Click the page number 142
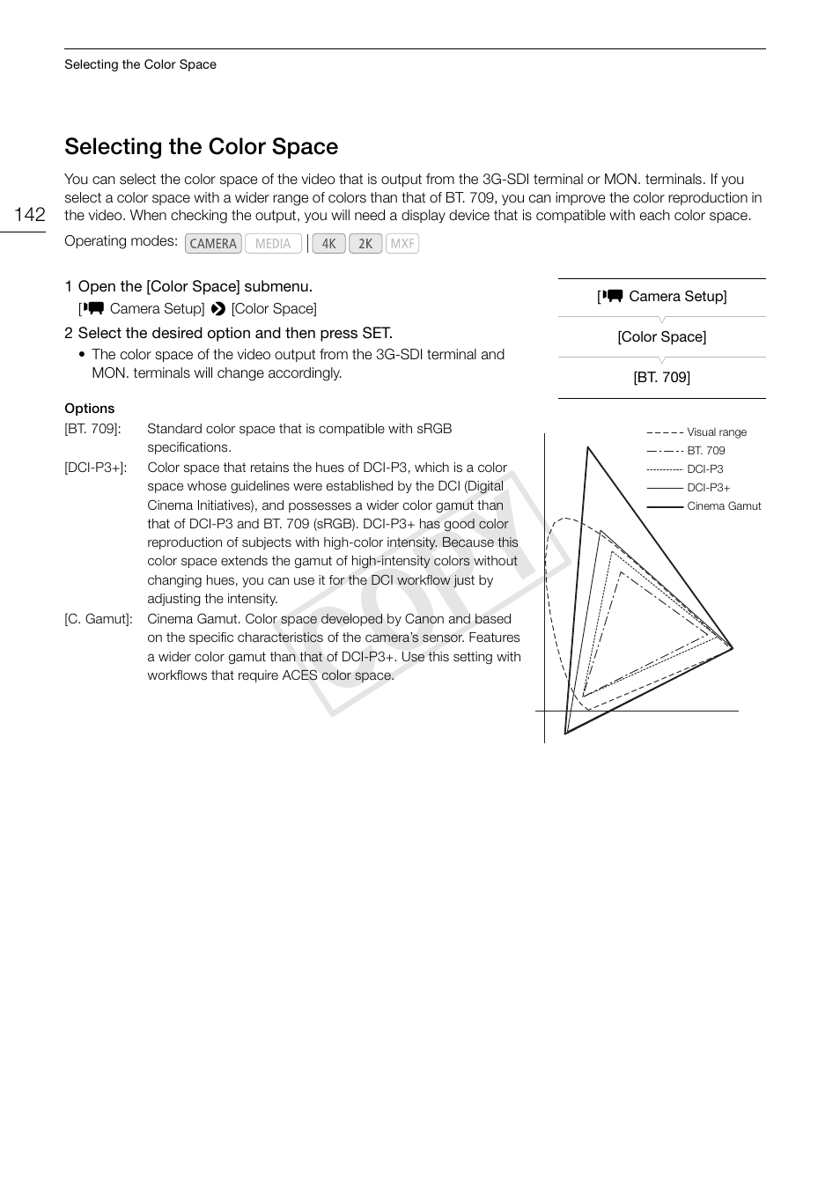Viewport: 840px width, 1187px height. [x=30, y=215]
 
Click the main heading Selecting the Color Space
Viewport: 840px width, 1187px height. [x=201, y=146]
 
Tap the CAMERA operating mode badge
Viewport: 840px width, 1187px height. [x=213, y=244]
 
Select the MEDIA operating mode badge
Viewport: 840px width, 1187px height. [x=273, y=244]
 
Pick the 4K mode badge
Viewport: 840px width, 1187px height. [x=328, y=244]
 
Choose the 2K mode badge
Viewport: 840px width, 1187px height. [x=365, y=244]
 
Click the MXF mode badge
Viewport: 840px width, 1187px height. [x=402, y=244]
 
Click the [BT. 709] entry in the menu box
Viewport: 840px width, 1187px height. [x=661, y=378]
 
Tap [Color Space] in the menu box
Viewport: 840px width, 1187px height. [x=661, y=337]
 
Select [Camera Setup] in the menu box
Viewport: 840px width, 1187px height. [x=661, y=297]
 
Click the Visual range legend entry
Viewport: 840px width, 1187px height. [x=716, y=432]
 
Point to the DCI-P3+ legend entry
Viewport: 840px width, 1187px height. [x=708, y=488]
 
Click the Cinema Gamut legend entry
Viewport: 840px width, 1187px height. [x=723, y=506]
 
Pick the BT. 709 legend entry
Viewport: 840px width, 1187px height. [x=705, y=451]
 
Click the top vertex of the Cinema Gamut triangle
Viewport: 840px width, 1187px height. [x=587, y=447]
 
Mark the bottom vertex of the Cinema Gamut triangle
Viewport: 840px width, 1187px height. [x=565, y=733]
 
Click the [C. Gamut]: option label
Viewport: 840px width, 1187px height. [x=98, y=619]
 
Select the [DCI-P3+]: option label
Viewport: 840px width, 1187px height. [x=95, y=468]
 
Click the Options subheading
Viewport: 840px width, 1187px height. [x=89, y=409]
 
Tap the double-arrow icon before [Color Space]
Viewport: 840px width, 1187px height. [x=218, y=309]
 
